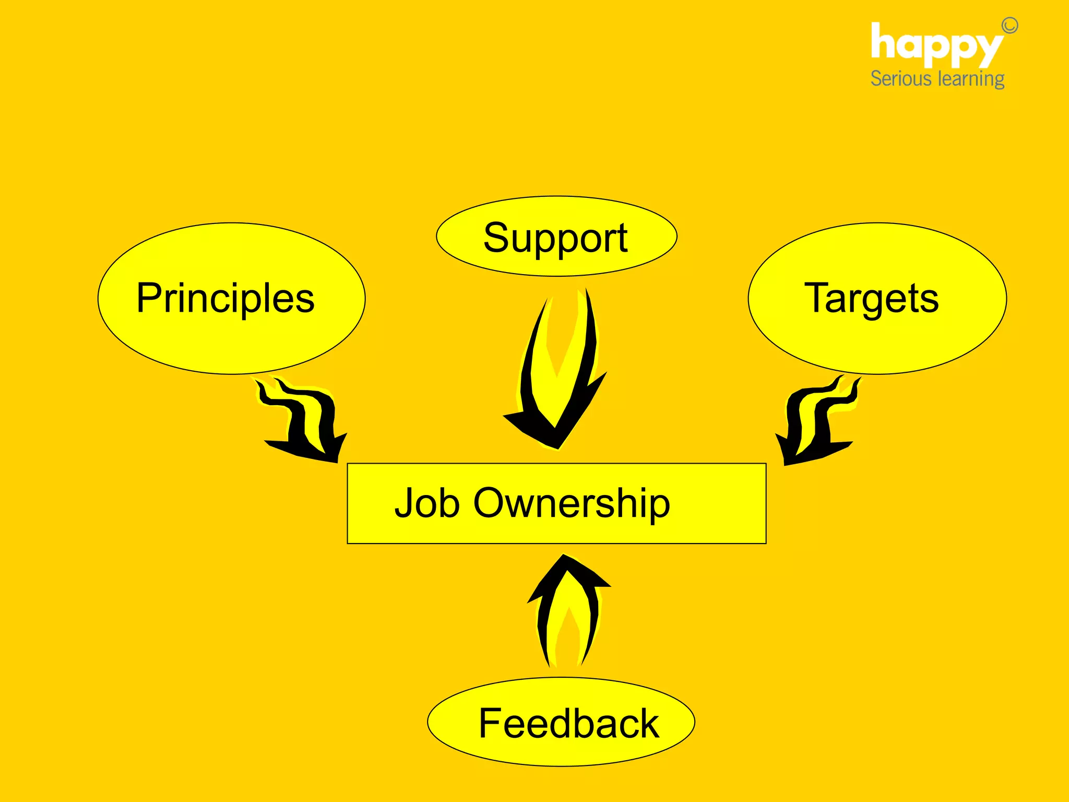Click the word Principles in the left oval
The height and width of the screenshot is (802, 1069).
[225, 299]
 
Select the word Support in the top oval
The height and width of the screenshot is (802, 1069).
[555, 238]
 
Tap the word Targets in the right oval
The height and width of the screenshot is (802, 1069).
[871, 299]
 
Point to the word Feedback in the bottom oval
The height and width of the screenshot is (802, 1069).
[568, 724]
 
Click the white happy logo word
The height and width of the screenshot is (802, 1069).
[936, 46]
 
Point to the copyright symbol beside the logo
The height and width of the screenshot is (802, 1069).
[1009, 26]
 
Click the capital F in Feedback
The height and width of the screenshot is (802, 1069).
[491, 724]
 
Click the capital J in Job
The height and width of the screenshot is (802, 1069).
[404, 503]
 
